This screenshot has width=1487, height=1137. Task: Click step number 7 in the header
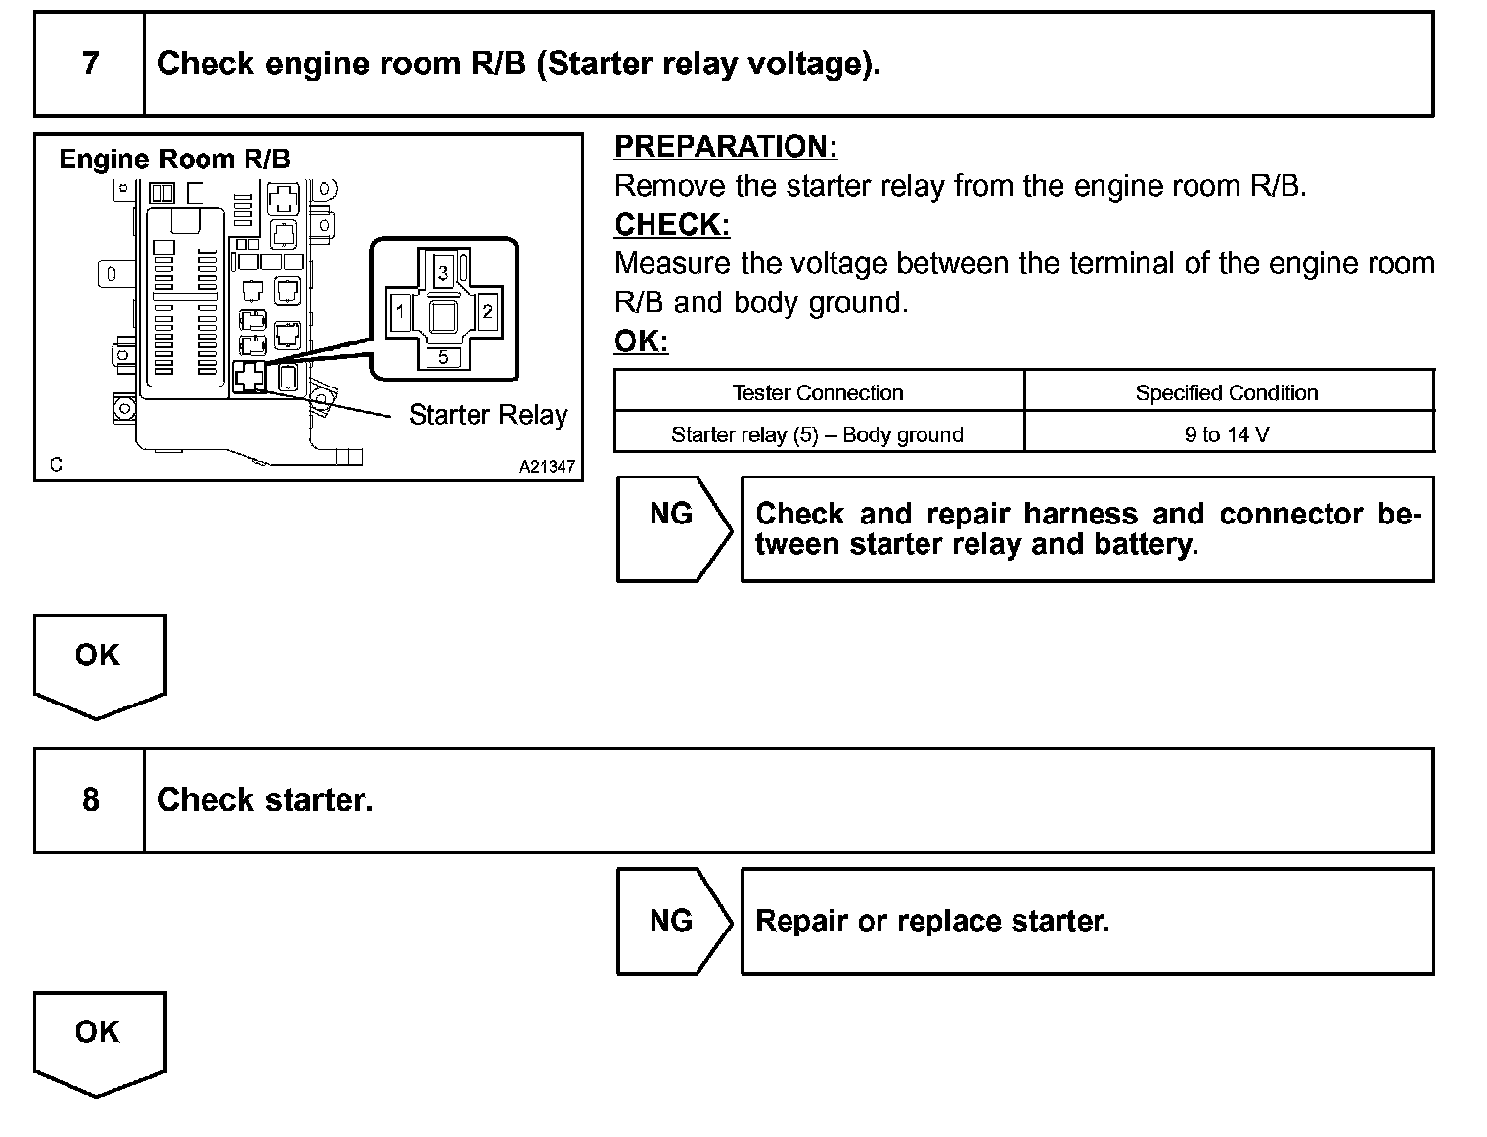click(90, 64)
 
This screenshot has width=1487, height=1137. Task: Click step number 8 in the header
click(90, 800)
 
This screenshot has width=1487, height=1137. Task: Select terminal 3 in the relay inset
click(443, 272)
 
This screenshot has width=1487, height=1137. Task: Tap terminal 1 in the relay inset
click(400, 313)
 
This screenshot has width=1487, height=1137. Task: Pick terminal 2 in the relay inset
click(487, 313)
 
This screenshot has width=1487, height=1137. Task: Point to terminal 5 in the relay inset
click(443, 357)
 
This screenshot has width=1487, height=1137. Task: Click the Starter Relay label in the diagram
click(488, 415)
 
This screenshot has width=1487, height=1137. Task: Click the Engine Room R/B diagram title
click(174, 159)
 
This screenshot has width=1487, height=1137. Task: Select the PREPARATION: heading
click(726, 147)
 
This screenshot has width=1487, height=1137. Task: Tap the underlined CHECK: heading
click(672, 225)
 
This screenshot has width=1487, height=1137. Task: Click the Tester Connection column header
click(818, 393)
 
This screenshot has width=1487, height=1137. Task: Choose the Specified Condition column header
click(1227, 393)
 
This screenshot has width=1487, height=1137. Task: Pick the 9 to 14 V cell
click(1227, 434)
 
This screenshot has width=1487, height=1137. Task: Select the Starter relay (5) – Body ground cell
click(818, 434)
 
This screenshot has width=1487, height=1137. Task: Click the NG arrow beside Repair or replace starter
click(672, 920)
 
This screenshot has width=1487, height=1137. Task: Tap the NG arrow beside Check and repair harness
click(672, 514)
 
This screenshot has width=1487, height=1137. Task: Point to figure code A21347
click(547, 467)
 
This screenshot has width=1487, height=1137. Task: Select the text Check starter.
click(265, 800)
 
